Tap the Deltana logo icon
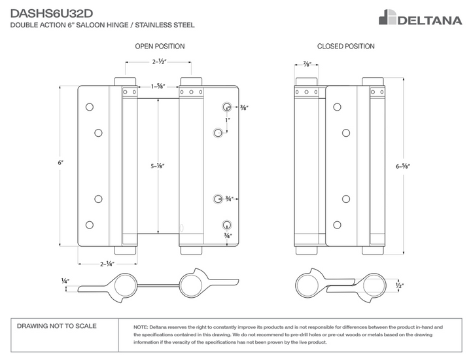(x=388, y=17)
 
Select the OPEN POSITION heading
(x=160, y=46)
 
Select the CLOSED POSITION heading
(x=345, y=46)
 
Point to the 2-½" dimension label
(x=159, y=62)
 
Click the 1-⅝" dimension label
(x=158, y=86)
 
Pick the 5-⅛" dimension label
(x=157, y=166)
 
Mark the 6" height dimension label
(x=61, y=162)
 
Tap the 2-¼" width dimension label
(x=107, y=264)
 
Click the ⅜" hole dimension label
(x=244, y=107)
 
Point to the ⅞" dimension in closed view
(x=307, y=64)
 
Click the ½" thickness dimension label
(x=399, y=285)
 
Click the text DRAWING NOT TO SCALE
(x=56, y=325)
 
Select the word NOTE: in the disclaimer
(x=140, y=327)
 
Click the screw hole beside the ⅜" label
(x=226, y=107)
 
